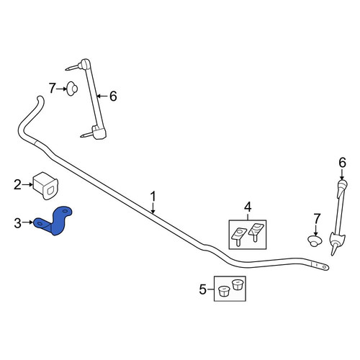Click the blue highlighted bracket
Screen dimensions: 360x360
pos(56,222)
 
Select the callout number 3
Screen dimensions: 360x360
pos(17,223)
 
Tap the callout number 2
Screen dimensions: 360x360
pos(17,185)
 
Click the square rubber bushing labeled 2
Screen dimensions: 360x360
pos(46,186)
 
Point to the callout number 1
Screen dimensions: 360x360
pos(153,197)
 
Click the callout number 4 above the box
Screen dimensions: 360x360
pos(248,207)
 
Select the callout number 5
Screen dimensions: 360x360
pos(203,289)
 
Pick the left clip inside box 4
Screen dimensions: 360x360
pos(238,236)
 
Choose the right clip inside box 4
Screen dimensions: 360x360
pos(256,232)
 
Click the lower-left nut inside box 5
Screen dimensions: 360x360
pos(224,292)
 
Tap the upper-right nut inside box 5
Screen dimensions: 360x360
pos(238,284)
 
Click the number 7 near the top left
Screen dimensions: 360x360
pos(53,88)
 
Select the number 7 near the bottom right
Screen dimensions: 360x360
pos(317,219)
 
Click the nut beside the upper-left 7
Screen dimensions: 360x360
pos(72,89)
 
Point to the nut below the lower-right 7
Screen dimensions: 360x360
pos(315,240)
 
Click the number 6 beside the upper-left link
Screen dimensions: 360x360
pos(113,96)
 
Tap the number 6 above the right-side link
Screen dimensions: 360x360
pos(343,163)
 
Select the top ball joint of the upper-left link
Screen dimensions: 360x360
pos(84,63)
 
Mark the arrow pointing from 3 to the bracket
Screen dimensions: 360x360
pos(27,222)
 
